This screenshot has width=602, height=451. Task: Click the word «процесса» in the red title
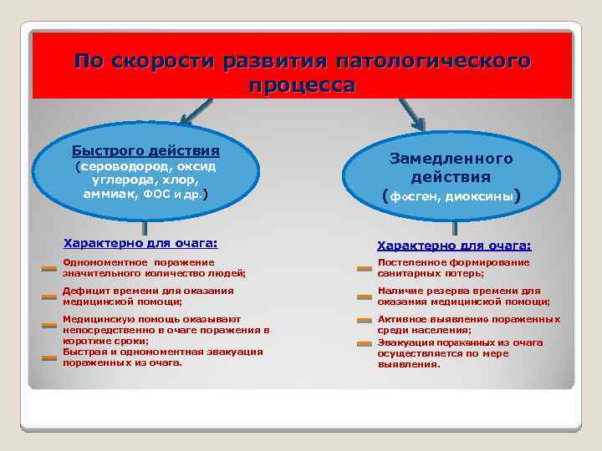click(x=302, y=84)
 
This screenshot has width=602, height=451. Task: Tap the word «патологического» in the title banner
click(x=432, y=62)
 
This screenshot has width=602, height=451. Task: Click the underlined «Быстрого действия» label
click(x=145, y=151)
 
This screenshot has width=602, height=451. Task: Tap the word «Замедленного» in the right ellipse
click(x=451, y=158)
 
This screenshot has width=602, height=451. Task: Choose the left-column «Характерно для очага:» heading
click(x=140, y=243)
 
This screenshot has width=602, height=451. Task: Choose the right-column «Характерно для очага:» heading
click(x=454, y=246)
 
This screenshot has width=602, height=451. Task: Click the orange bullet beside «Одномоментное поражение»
click(x=49, y=269)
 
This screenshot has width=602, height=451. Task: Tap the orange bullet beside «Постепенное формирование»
click(x=364, y=269)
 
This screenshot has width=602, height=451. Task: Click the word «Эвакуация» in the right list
click(x=406, y=342)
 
